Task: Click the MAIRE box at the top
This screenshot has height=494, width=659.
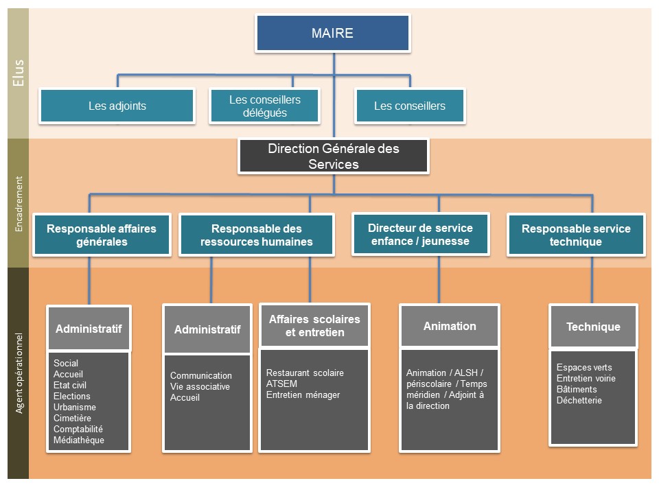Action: click(x=332, y=33)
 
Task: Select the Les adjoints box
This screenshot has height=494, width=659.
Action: click(x=117, y=106)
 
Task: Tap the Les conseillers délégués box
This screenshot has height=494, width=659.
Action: click(x=264, y=106)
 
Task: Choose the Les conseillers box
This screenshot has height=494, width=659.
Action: click(x=409, y=106)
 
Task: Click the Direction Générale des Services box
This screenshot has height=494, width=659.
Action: click(x=333, y=156)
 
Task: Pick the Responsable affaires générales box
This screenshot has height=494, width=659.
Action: click(x=102, y=235)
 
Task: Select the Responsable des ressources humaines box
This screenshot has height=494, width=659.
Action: click(x=256, y=235)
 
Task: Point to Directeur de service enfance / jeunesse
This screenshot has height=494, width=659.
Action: click(x=420, y=234)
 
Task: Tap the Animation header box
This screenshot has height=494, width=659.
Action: click(x=450, y=327)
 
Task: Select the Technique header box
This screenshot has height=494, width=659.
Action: click(x=593, y=327)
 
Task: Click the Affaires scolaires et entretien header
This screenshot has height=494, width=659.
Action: click(x=314, y=326)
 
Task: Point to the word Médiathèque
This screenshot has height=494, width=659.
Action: click(x=79, y=440)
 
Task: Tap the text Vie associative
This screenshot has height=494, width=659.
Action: click(x=200, y=387)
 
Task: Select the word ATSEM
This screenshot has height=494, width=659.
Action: click(x=281, y=384)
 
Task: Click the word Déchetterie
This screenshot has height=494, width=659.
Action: click(x=579, y=401)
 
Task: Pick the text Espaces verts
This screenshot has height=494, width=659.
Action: click(x=584, y=368)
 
